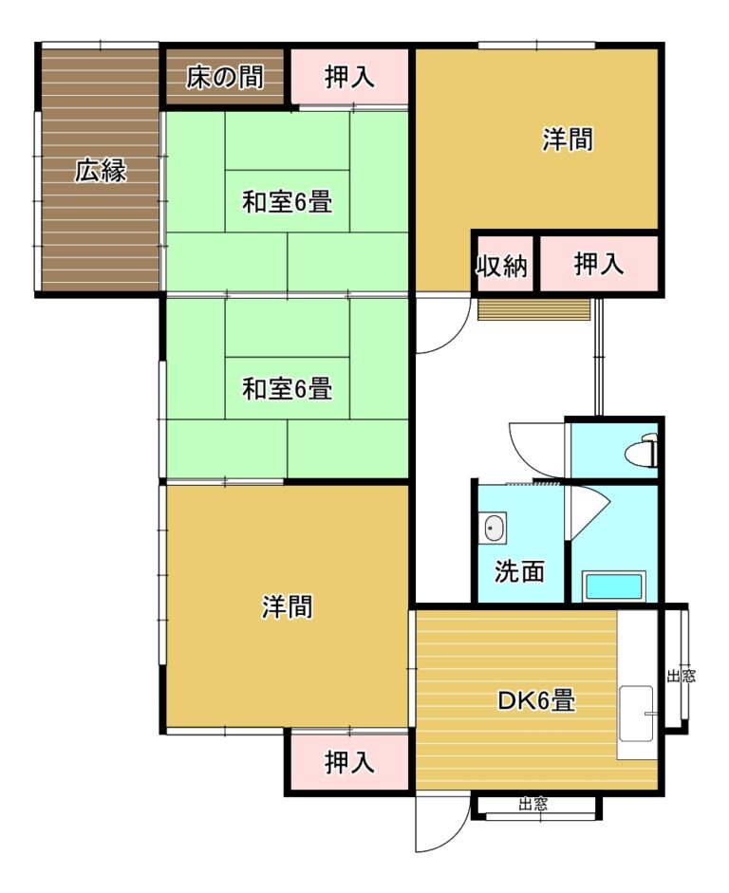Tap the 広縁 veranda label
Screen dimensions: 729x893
point(101,170)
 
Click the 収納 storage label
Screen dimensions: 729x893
point(502,266)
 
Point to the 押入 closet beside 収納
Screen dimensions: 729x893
point(599,264)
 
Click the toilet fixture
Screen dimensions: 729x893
point(642,451)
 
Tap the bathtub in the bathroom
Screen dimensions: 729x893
point(613,586)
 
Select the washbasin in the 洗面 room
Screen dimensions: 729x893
point(495,528)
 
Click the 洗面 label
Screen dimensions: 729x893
point(519,570)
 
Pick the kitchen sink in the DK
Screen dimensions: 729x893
point(637,713)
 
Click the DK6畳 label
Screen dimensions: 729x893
point(536,700)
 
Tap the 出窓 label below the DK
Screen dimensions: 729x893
point(533,804)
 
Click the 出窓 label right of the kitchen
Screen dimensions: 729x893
point(682,676)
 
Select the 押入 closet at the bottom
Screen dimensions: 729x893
point(349,761)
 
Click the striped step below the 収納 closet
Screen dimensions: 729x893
point(534,309)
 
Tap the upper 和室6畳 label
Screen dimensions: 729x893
point(288,201)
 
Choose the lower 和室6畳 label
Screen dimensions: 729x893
point(288,389)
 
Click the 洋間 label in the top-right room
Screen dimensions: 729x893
point(568,139)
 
